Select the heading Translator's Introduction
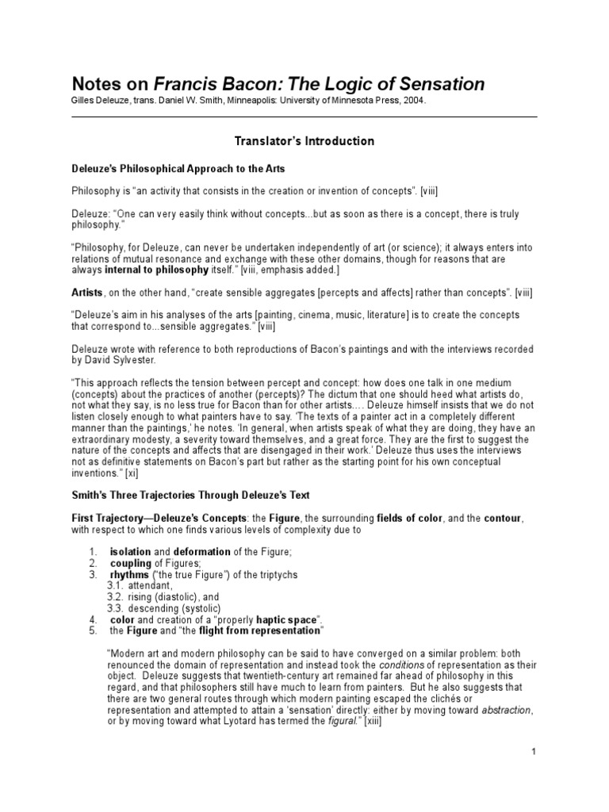coord(304,141)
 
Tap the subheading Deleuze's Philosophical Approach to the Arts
coord(178,169)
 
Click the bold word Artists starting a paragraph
coord(88,293)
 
